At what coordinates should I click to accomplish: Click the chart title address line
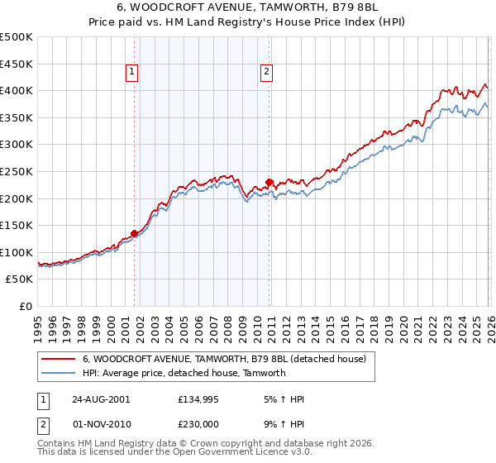coord(248,7)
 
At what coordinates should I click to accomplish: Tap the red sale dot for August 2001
coord(134,233)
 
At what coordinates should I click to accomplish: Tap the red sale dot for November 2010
coord(269,182)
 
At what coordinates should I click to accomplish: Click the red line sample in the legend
coord(59,359)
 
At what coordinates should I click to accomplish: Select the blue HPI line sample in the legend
coord(59,373)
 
